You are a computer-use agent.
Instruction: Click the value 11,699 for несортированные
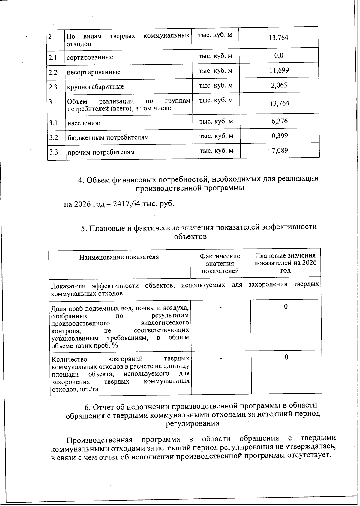coord(279,71)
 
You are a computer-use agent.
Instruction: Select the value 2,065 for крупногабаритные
coord(279,85)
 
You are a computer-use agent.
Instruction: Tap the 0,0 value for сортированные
coord(279,56)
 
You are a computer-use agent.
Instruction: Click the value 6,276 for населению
coord(279,121)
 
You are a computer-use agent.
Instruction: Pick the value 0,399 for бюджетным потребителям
coord(280,136)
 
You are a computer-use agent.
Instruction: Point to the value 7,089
coord(280,150)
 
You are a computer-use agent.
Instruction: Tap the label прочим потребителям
coord(101,152)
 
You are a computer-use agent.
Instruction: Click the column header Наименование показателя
coord(119,257)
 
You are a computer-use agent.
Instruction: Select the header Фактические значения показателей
coord(220,264)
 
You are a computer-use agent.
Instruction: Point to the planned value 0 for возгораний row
coord(286,357)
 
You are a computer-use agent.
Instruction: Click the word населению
coord(84,123)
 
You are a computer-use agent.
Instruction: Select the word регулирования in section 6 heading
coord(193,423)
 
